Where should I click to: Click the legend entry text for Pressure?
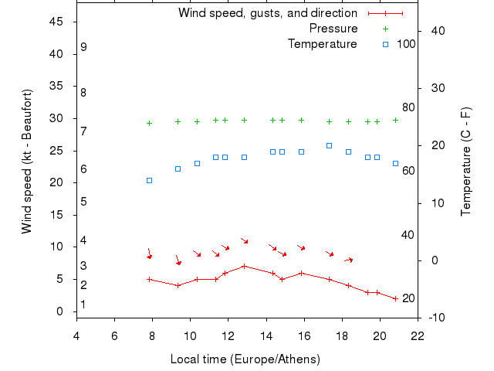pos(333,29)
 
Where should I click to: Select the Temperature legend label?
pos(322,44)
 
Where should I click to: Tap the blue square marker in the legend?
pos(385,44)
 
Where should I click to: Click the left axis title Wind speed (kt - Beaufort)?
pos(27,161)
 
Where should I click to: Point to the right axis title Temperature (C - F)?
pos(465,161)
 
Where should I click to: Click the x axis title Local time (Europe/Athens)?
pos(245,359)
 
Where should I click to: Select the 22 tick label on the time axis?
pos(418,335)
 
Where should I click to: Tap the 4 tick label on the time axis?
pos(76,335)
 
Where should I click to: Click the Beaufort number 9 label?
pos(83,47)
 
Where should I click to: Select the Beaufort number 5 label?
pos(83,202)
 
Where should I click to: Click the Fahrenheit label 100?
pos(406,44)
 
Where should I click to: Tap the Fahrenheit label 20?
pos(409,298)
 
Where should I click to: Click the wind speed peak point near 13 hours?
pos(244,266)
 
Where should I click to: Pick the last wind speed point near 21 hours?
pos(395,298)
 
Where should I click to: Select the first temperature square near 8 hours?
pos(149,180)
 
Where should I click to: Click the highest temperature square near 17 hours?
pos(329,145)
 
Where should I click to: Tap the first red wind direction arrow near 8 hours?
pos(149,254)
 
